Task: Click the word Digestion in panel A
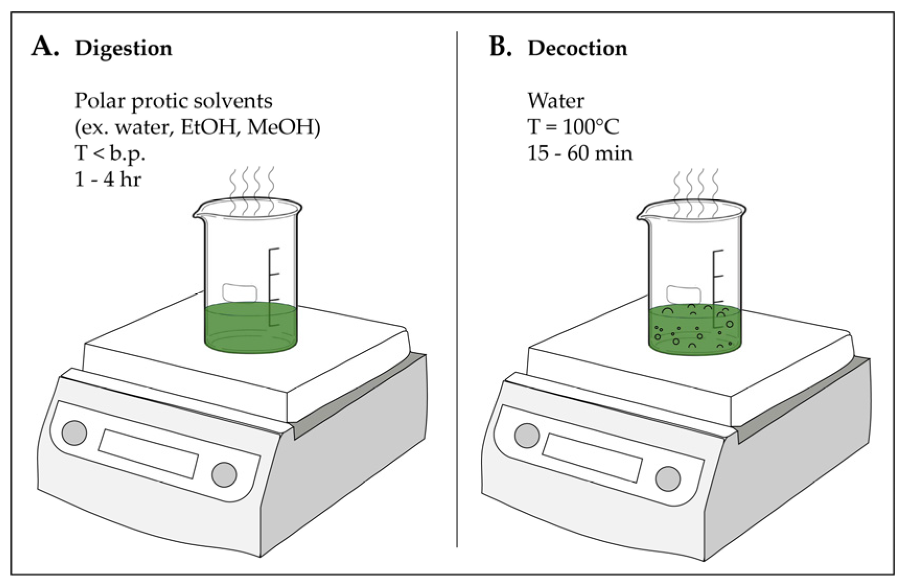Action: pyautogui.click(x=123, y=49)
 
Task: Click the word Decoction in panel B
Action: pyautogui.click(x=577, y=49)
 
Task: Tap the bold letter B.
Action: pyautogui.click(x=500, y=47)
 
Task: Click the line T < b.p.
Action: pyautogui.click(x=110, y=153)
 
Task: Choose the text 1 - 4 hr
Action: pyautogui.click(x=108, y=179)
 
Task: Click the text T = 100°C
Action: pyautogui.click(x=573, y=127)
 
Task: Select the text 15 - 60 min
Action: pyautogui.click(x=580, y=153)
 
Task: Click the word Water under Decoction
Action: pyautogui.click(x=556, y=100)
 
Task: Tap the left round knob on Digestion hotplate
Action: pyautogui.click(x=74, y=432)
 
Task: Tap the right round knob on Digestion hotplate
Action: pyautogui.click(x=224, y=474)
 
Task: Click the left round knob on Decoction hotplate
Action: pyautogui.click(x=526, y=436)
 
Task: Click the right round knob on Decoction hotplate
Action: pyautogui.click(x=667, y=477)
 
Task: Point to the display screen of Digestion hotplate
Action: pyautogui.click(x=148, y=453)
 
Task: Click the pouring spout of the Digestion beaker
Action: pyautogui.click(x=198, y=213)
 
